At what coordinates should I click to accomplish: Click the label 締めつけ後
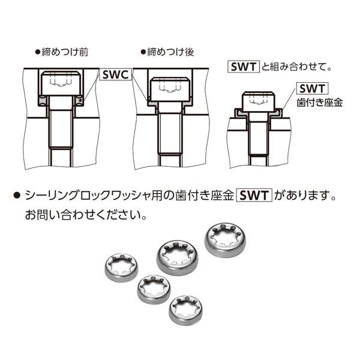(x=171, y=52)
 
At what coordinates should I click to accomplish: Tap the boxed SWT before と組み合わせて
(x=243, y=66)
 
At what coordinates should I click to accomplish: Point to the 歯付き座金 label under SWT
(x=320, y=103)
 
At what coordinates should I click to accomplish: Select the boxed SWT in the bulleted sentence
(x=255, y=196)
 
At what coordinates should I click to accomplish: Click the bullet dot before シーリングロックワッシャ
(x=17, y=196)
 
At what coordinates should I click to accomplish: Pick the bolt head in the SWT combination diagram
(x=256, y=102)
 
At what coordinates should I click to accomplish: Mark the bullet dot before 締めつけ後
(x=142, y=52)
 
